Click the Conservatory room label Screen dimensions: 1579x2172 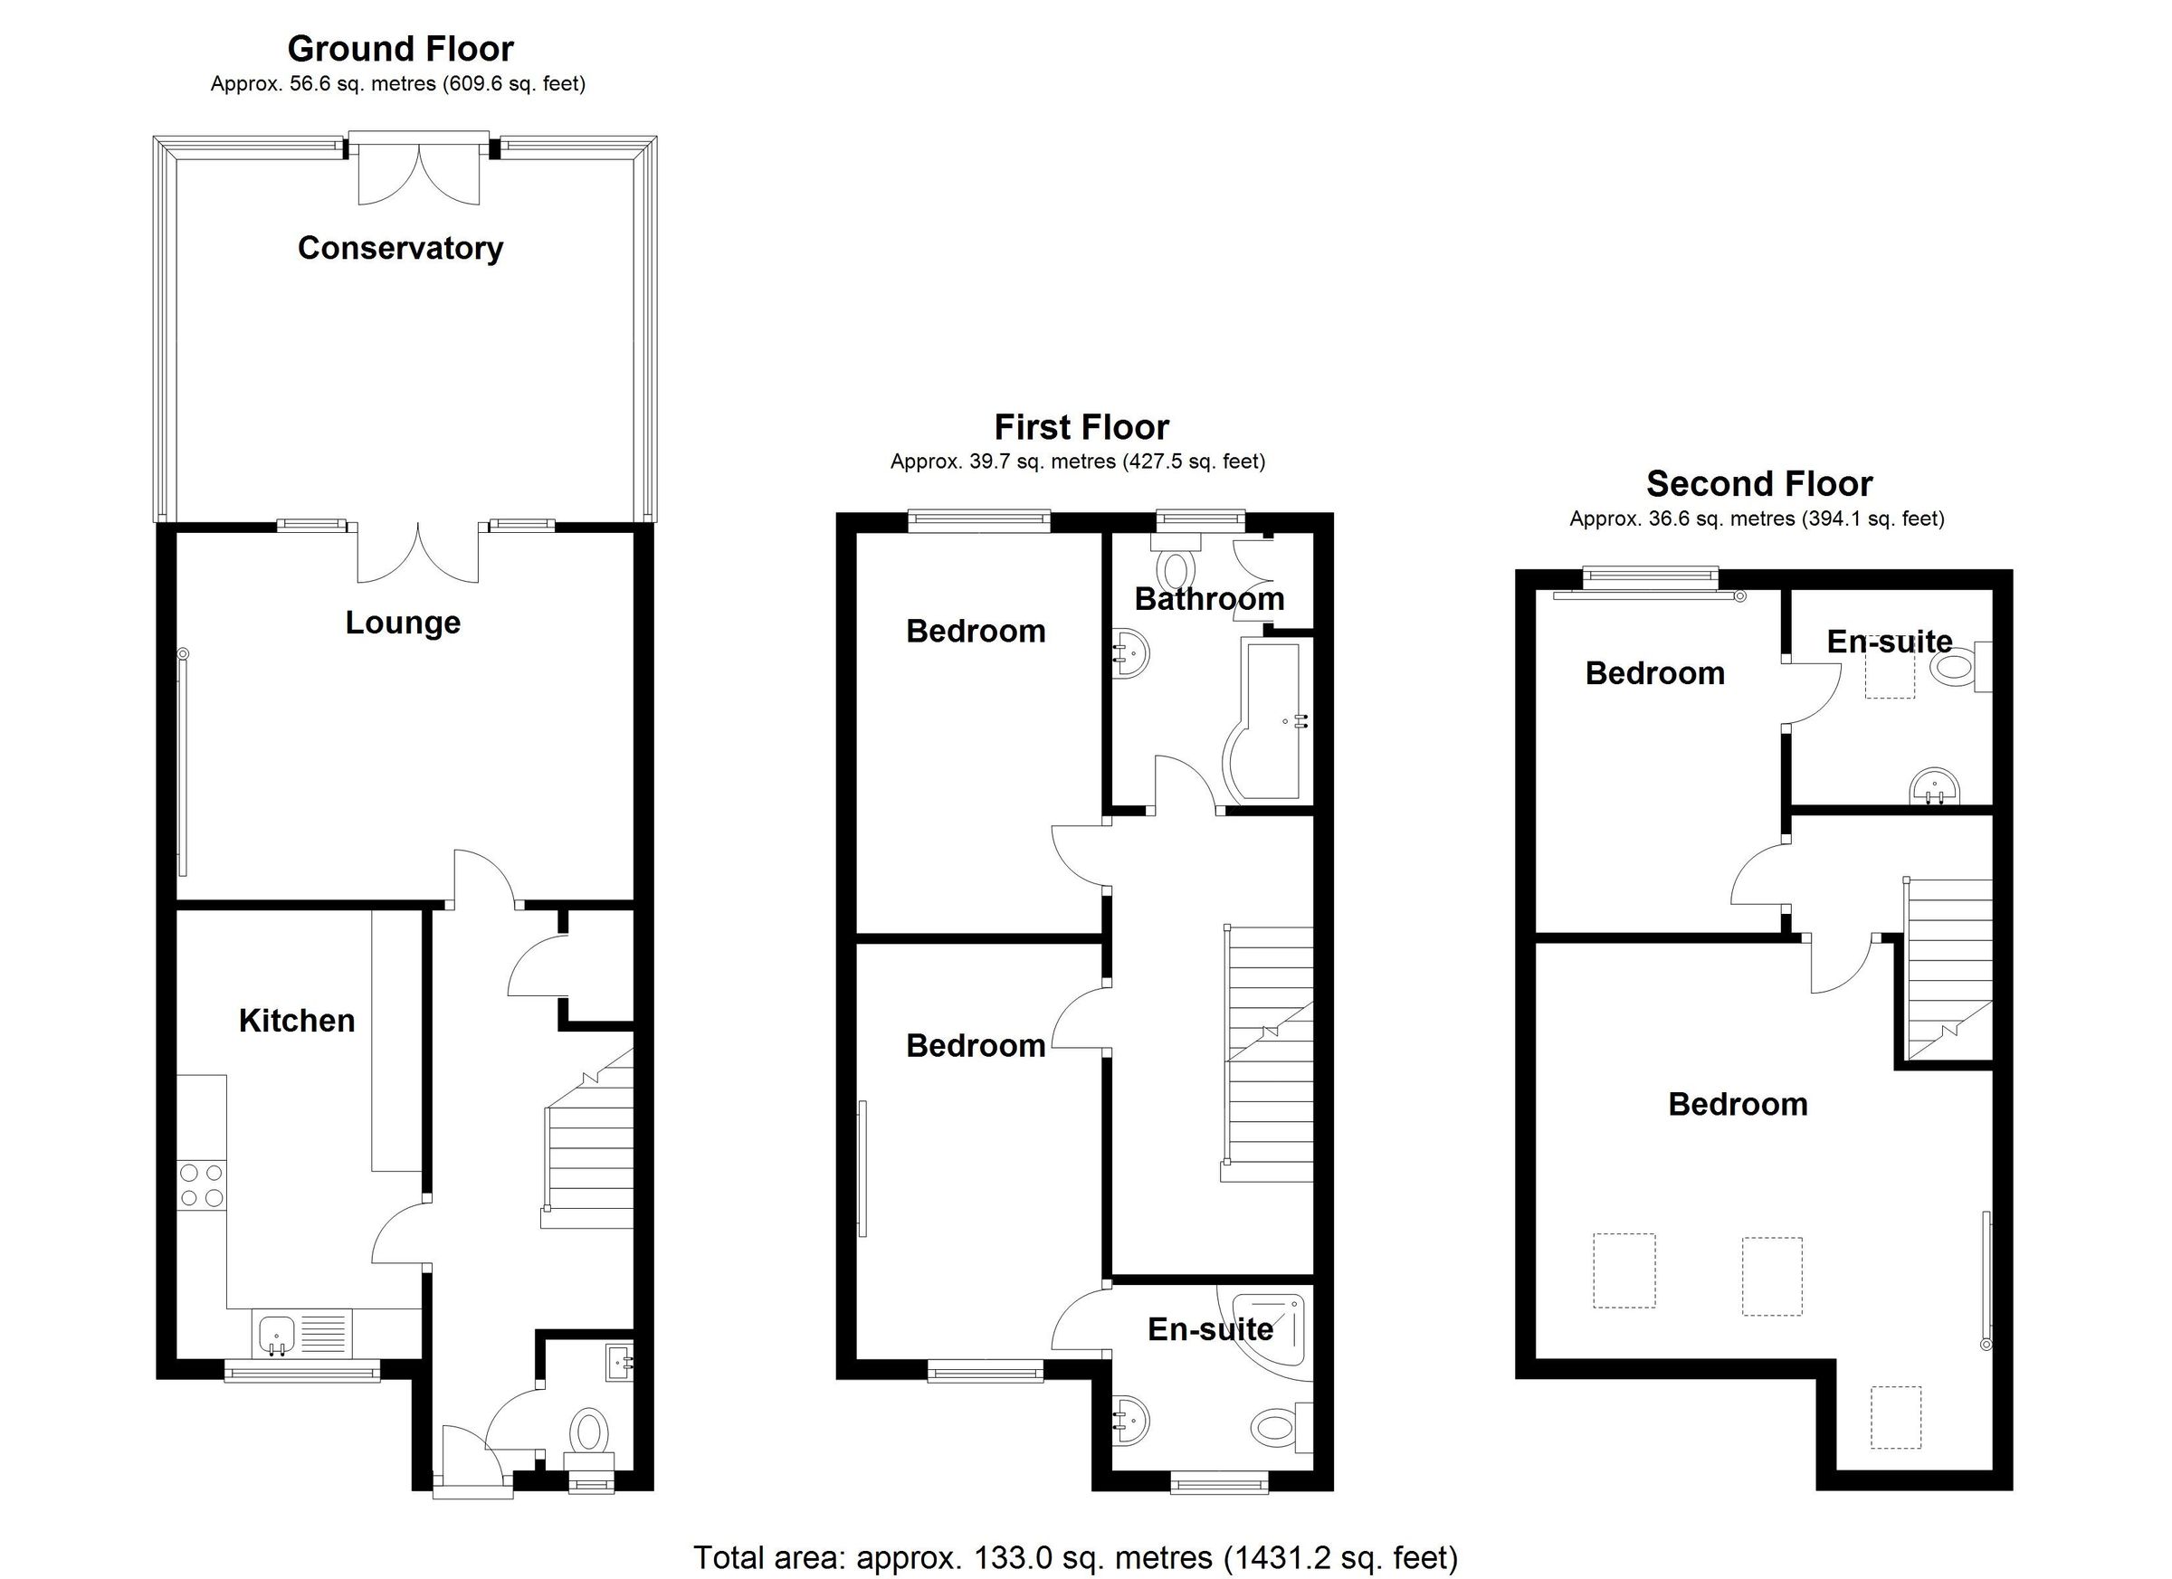(x=400, y=248)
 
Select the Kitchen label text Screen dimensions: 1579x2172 (x=296, y=1021)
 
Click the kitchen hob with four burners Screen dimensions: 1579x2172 (x=201, y=1184)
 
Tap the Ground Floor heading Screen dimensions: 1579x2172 (x=400, y=48)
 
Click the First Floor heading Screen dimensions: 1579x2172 (x=1081, y=426)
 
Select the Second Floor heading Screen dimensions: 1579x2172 (x=1758, y=483)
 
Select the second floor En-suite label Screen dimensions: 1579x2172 (x=1889, y=642)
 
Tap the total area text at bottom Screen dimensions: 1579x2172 (x=1074, y=1558)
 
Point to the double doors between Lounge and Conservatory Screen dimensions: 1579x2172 (x=418, y=554)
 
